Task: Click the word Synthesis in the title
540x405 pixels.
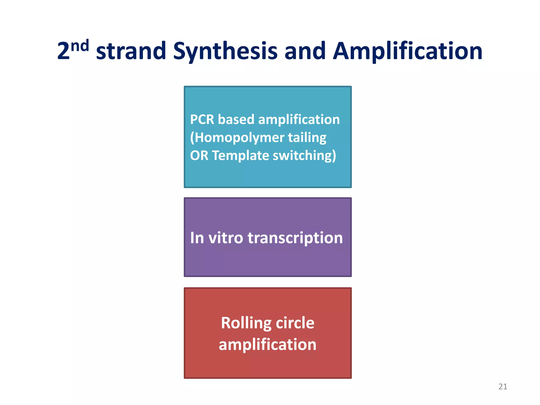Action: point(225,51)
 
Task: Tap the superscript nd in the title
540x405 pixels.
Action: point(80,46)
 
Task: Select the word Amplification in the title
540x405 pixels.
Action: point(407,51)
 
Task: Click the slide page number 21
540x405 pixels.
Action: point(503,387)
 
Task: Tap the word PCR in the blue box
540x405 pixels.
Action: point(202,119)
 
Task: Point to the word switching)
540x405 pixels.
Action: point(305,156)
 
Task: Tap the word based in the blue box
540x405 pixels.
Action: point(236,119)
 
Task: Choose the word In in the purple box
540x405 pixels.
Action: point(197,238)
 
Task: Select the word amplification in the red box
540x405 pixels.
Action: point(267,345)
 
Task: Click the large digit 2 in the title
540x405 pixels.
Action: point(63,51)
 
